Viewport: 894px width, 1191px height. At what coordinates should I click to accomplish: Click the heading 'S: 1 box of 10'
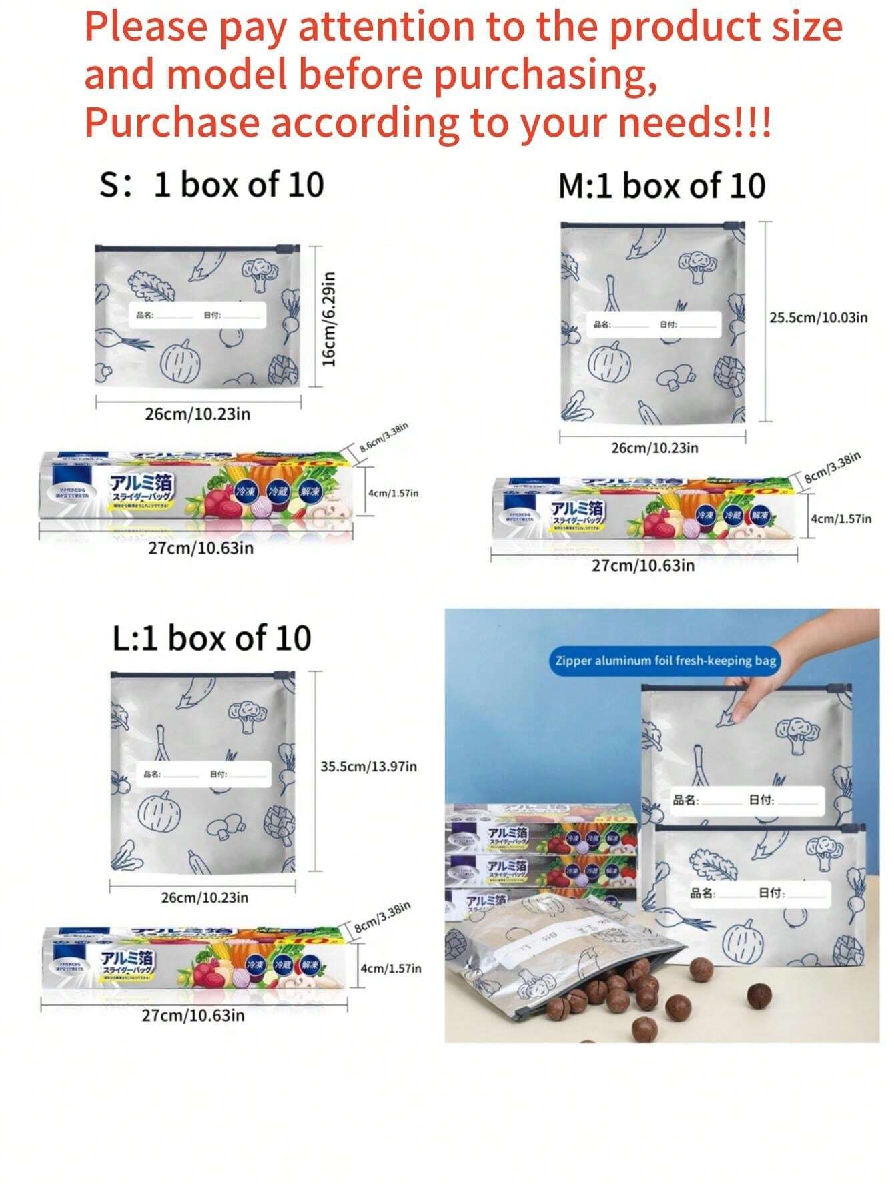click(x=211, y=184)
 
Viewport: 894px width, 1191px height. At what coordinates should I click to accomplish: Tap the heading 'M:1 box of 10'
click(x=661, y=185)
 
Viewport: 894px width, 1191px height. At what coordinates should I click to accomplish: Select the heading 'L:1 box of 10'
click(x=211, y=638)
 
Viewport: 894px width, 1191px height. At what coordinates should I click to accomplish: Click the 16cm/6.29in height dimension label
click(x=328, y=318)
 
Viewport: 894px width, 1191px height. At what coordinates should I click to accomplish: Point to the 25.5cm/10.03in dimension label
click(x=819, y=318)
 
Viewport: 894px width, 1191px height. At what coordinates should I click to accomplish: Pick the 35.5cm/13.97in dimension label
click(x=368, y=767)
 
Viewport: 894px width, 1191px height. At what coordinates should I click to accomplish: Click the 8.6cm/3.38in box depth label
click(x=384, y=438)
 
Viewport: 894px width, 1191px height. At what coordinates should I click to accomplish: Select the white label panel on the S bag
click(x=197, y=315)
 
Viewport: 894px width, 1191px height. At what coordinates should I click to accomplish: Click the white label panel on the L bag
click(x=205, y=774)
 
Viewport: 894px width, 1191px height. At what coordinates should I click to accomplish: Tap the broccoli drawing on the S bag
click(x=260, y=272)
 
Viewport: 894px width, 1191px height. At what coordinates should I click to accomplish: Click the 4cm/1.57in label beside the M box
click(x=841, y=519)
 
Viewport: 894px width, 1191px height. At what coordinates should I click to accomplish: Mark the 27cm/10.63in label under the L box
click(x=193, y=1015)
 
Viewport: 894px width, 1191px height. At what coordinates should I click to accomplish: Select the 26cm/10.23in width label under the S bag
click(x=197, y=414)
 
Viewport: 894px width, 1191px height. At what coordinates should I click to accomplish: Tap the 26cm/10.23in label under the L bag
click(x=204, y=897)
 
